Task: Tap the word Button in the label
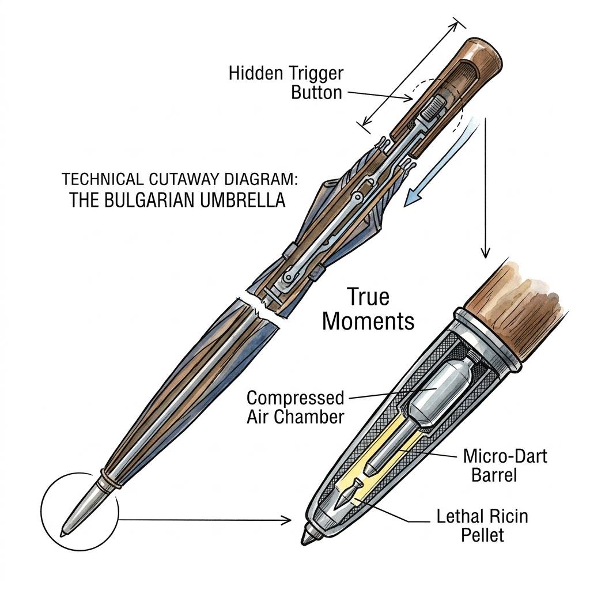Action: click(x=316, y=92)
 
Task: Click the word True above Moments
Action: click(x=368, y=297)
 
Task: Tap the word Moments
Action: click(x=368, y=320)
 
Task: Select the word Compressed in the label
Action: click(x=295, y=398)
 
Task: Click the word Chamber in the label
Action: click(x=312, y=417)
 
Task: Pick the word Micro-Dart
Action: click(x=505, y=456)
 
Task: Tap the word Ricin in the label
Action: click(x=505, y=516)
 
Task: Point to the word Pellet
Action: click(x=482, y=535)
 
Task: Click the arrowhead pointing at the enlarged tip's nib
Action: click(x=286, y=520)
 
